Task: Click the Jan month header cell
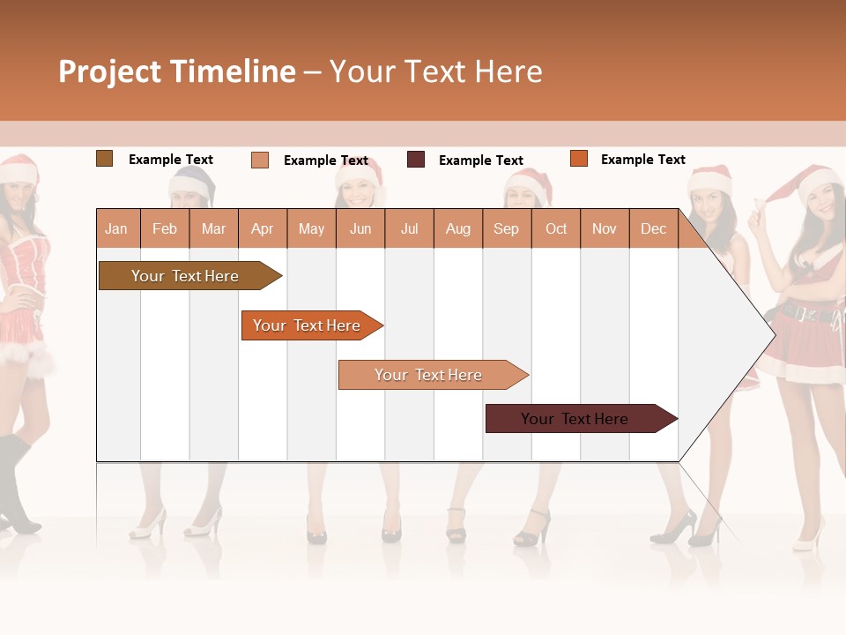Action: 117,228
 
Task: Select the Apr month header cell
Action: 263,228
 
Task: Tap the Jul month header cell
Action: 409,228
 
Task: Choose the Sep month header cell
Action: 507,228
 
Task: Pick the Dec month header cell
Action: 653,228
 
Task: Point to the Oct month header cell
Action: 556,228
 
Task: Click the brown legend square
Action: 104,159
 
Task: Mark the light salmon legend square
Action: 259,160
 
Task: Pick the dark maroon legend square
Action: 416,160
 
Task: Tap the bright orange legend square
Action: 578,159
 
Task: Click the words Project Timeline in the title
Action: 177,71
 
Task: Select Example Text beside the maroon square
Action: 480,161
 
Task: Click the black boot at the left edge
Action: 18,489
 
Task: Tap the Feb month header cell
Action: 165,228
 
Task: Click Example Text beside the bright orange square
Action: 642,160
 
